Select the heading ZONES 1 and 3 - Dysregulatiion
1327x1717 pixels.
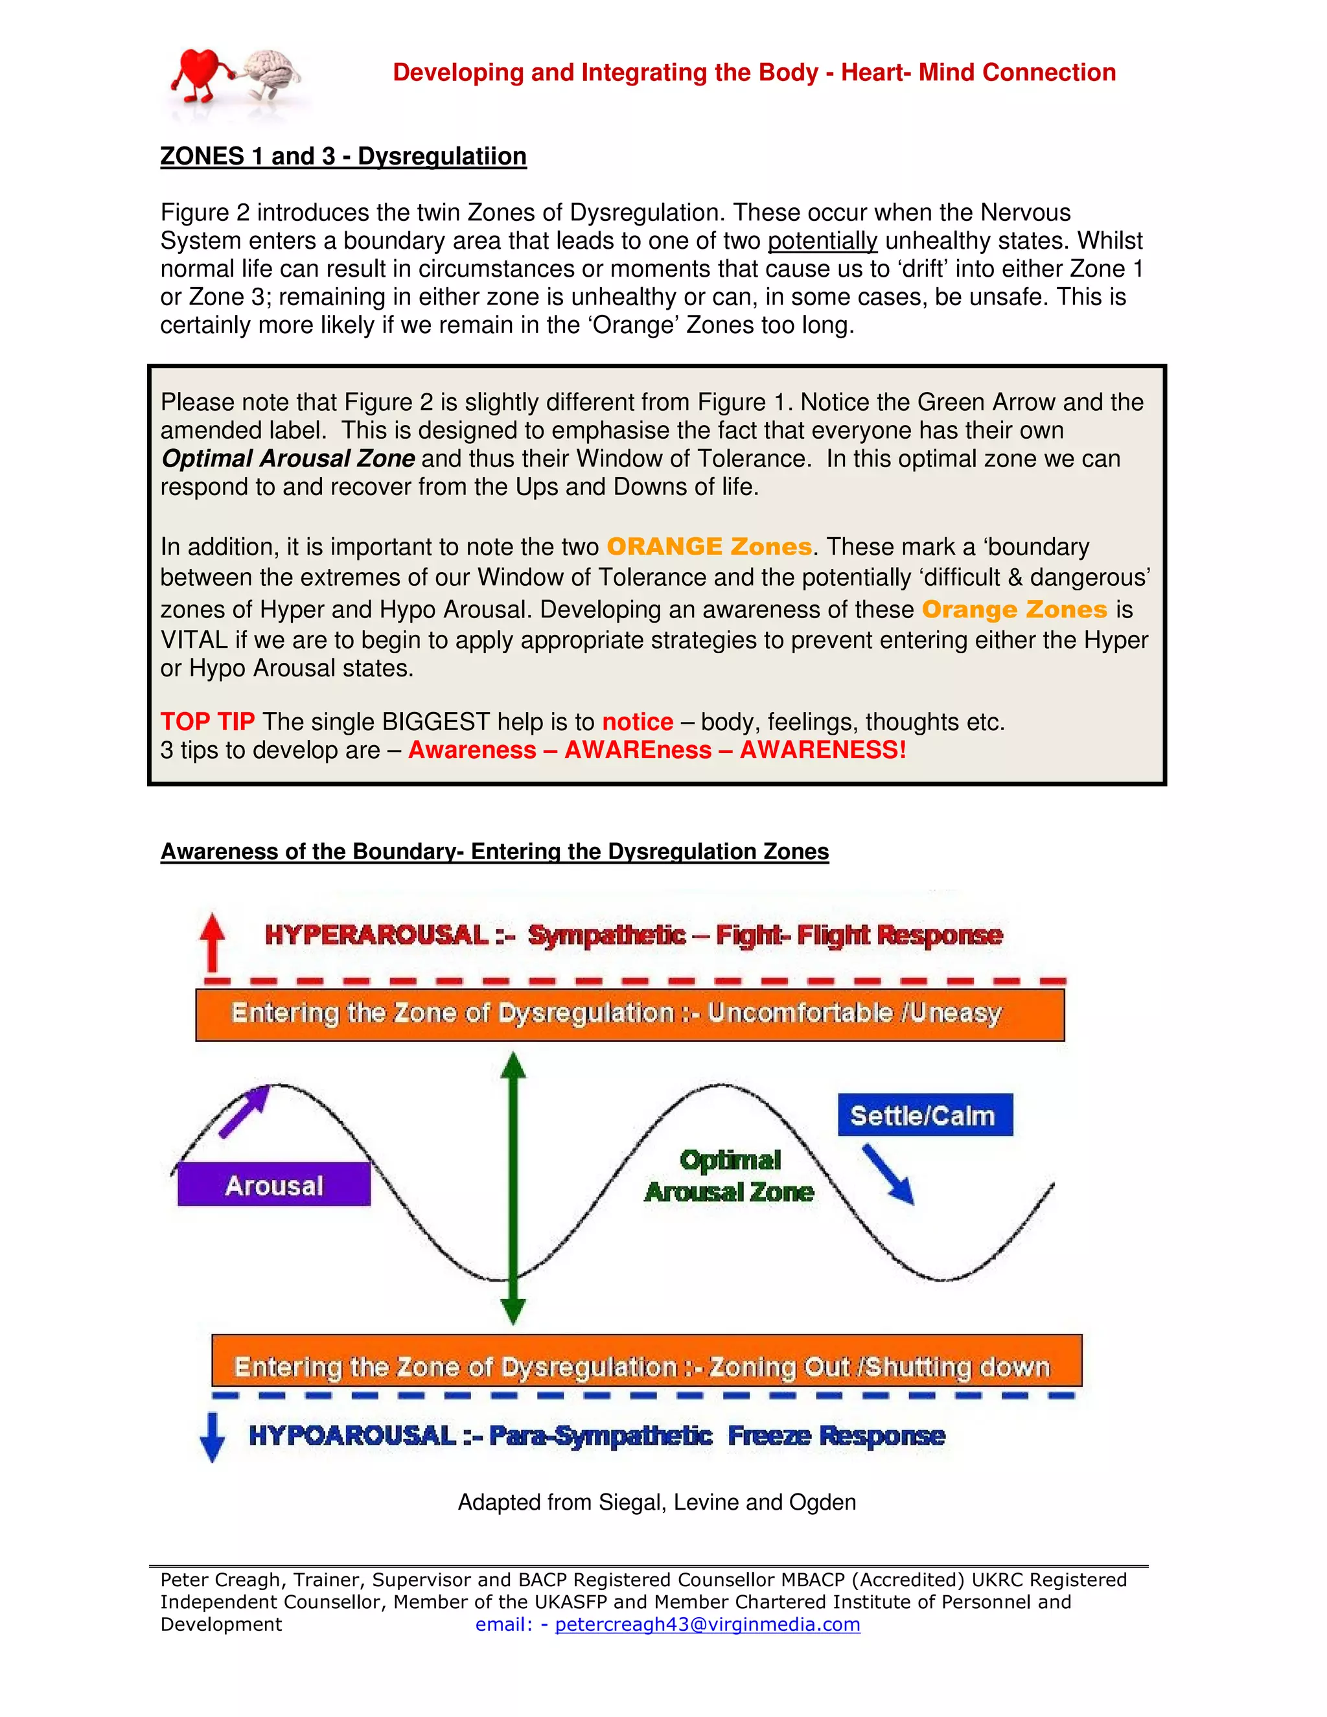343,156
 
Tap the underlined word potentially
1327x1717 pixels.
822,240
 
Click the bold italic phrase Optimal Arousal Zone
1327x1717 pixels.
288,458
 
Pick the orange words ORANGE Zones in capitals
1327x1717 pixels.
708,546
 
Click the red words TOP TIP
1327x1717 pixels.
207,722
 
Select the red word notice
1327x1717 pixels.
637,722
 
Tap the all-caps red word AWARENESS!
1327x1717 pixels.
822,750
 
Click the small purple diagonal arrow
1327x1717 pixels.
244,1111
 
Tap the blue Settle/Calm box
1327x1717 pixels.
925,1115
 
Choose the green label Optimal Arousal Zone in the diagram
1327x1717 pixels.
729,1176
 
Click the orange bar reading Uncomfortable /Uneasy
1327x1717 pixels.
629,1014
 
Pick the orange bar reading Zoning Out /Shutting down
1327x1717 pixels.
646,1366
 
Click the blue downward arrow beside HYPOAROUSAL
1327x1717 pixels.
211,1436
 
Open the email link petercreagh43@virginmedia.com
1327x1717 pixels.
707,1624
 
